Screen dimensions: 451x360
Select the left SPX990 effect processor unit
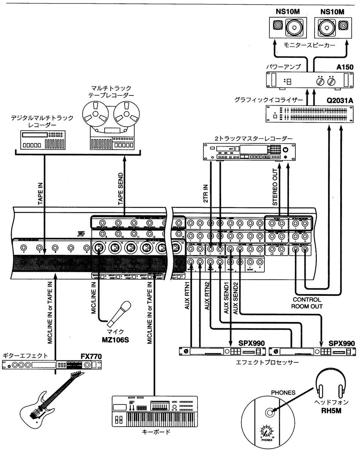pos(222,351)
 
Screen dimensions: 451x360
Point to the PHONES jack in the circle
pos(269,412)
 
